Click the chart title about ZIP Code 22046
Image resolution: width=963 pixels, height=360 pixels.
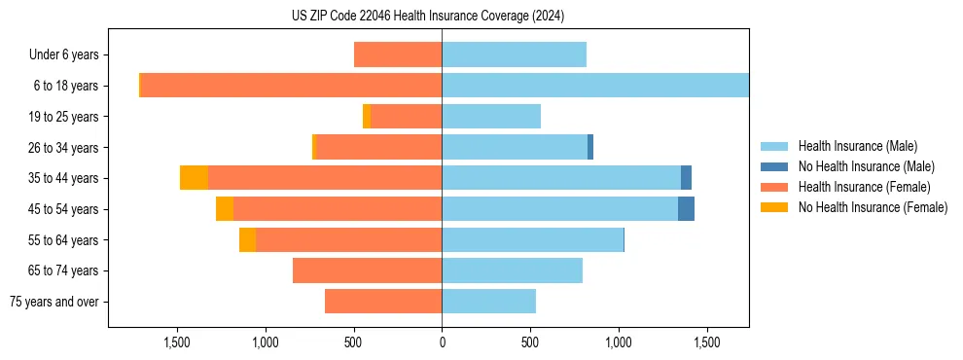[x=428, y=17]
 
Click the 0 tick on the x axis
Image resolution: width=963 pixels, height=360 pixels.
[x=442, y=342]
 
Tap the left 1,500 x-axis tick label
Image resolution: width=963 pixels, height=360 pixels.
[x=177, y=342]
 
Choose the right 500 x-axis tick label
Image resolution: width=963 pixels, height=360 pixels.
[x=530, y=342]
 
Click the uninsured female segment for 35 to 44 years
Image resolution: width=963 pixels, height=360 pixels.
[x=194, y=178]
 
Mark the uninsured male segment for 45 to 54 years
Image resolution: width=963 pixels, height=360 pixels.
[x=686, y=209]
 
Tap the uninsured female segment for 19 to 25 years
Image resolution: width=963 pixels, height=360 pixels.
[x=367, y=117]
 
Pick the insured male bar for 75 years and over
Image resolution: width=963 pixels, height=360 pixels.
[x=488, y=302]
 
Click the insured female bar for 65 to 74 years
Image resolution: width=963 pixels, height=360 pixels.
[x=367, y=270]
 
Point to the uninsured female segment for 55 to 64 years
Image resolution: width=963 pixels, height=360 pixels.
[x=247, y=240]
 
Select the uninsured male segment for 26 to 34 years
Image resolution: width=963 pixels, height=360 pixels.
[x=590, y=147]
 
